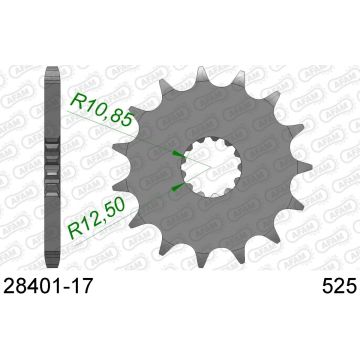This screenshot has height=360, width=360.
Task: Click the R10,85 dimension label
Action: tap(104, 109)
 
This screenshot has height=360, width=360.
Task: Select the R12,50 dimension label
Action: tap(97, 218)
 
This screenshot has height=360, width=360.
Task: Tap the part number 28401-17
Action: tap(47, 286)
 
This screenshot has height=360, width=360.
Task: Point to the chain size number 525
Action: tap(339, 286)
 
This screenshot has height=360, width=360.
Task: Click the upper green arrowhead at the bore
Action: tap(178, 154)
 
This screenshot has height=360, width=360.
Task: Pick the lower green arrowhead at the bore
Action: tap(177, 187)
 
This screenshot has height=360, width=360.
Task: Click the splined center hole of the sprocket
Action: tap(211, 167)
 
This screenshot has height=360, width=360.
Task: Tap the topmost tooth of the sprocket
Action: tap(202, 75)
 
